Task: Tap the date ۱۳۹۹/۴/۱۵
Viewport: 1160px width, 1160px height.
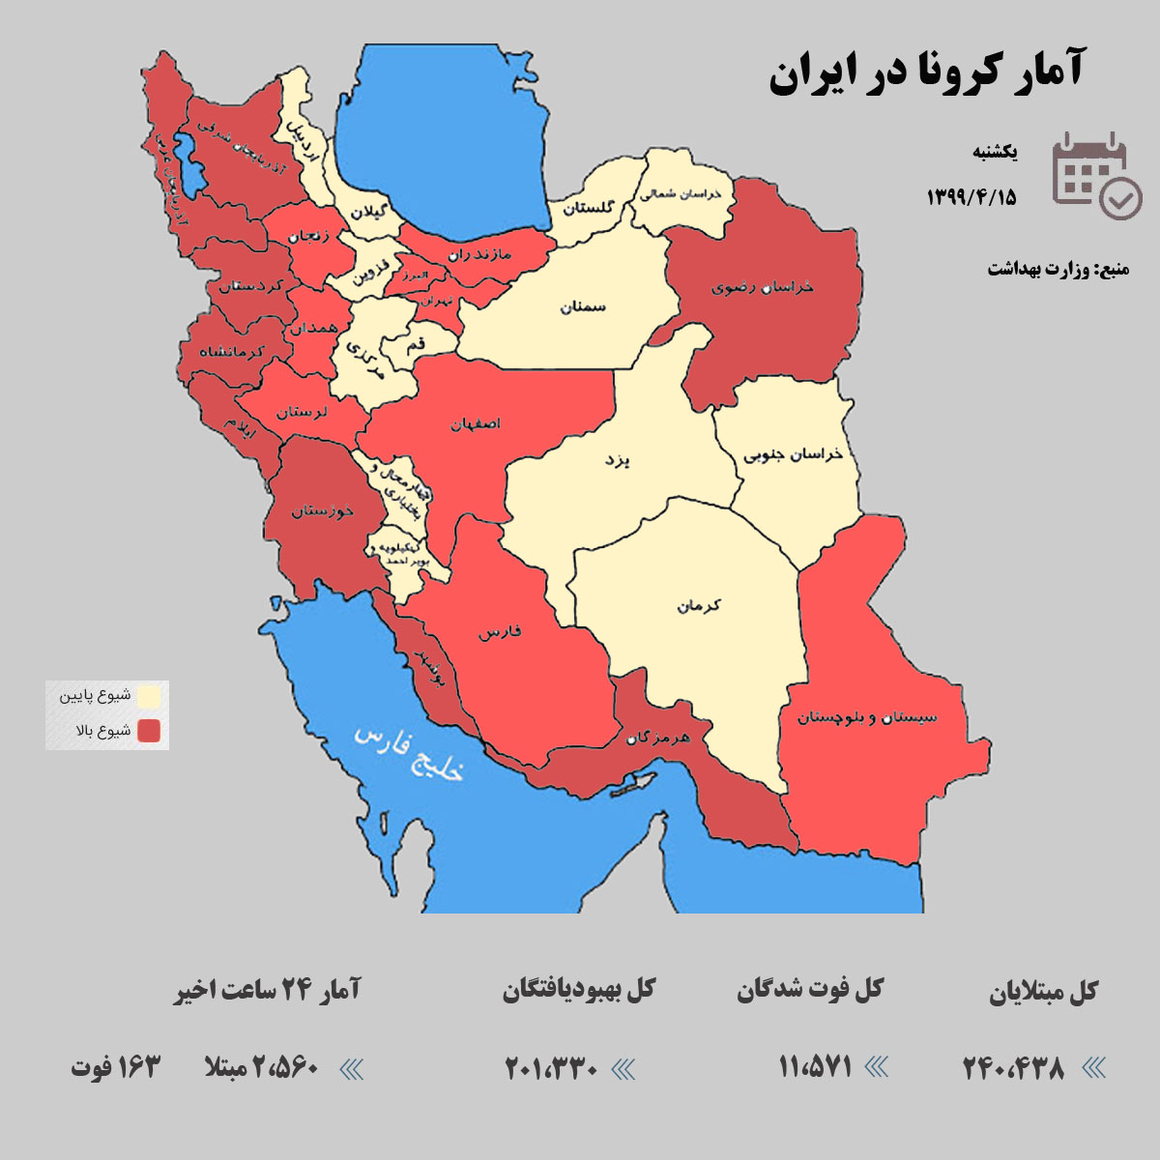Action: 971,196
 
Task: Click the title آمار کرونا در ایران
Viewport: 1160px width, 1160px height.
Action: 926,72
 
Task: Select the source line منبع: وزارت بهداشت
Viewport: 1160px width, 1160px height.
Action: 1058,269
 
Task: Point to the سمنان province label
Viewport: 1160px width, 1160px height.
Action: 582,306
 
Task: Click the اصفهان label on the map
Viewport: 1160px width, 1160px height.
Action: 475,423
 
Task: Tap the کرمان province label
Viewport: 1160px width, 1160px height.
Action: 698,606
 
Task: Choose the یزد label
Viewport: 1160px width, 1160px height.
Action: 616,460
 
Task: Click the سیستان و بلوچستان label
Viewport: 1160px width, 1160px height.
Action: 867,717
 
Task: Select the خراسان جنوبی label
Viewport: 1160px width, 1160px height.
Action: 793,454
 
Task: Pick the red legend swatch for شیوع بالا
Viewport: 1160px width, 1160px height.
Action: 149,731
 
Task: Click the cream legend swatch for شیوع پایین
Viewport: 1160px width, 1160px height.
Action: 149,696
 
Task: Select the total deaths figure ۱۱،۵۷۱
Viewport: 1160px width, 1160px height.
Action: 815,1067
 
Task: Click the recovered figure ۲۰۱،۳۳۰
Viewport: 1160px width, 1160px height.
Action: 552,1068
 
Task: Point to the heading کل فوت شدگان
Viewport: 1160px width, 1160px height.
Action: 810,990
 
